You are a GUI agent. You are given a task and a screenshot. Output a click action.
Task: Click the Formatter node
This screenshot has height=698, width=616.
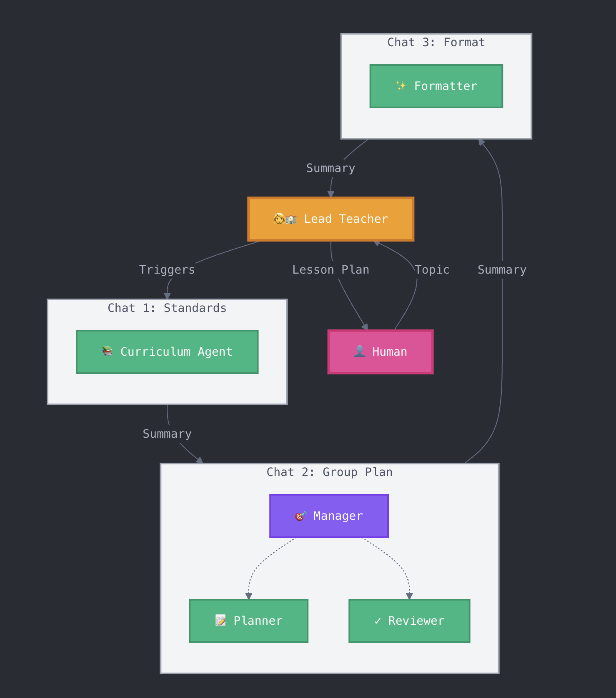(436, 86)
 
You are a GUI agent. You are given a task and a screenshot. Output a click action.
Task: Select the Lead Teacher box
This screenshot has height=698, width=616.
(331, 219)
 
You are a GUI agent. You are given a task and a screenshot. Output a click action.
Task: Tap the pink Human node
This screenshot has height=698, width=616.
(380, 352)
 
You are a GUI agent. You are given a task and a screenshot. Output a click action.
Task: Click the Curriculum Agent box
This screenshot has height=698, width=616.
(167, 352)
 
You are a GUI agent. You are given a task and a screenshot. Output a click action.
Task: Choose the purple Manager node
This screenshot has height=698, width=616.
(329, 516)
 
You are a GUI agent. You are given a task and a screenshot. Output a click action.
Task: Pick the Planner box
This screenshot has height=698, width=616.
(248, 621)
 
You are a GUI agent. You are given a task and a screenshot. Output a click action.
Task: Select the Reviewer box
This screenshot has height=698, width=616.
(409, 621)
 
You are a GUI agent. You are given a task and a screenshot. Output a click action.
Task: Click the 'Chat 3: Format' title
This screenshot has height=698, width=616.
(436, 42)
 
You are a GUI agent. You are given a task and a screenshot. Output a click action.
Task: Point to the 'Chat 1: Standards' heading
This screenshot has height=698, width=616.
(167, 308)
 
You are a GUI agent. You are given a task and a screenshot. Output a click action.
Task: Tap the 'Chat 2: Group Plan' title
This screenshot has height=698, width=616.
(329, 472)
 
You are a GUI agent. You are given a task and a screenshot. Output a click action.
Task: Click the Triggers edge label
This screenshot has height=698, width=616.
(167, 270)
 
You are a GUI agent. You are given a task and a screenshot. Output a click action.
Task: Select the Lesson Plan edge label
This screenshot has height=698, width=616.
(331, 270)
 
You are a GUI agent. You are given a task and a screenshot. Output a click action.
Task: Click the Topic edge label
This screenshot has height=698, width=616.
(432, 270)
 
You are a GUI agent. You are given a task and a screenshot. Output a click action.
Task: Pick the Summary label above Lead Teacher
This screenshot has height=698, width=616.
(331, 168)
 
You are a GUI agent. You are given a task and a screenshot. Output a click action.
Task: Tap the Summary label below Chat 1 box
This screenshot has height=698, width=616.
(167, 434)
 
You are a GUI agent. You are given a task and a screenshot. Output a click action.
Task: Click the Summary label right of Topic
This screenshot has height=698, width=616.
(502, 270)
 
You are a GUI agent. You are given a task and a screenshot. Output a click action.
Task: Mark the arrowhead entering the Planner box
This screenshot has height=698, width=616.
(249, 596)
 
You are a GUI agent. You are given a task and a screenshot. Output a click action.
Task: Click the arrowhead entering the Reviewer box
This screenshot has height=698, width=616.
(409, 596)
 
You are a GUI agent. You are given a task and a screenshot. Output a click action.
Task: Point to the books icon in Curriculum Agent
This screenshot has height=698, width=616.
(108, 351)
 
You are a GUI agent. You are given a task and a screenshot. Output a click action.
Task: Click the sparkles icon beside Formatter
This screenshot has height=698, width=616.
(401, 86)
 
